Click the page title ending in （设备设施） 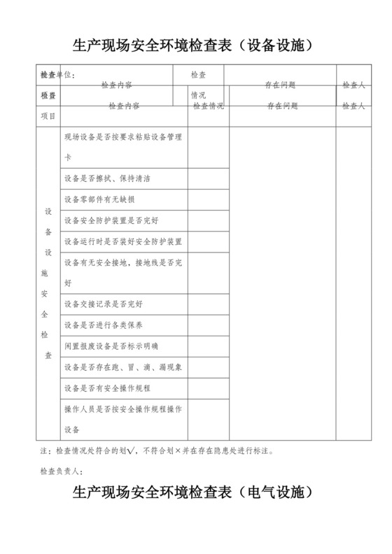coord(196,46)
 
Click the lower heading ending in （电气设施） coord(196,494)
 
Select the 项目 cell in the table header coord(48,115)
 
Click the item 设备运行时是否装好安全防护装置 coord(122,241)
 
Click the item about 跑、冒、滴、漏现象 coord(122,367)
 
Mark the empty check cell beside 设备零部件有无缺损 coord(208,199)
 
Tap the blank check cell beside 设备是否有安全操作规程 coord(208,388)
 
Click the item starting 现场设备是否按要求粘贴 coord(122,138)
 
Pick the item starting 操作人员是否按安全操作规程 coord(122,409)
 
